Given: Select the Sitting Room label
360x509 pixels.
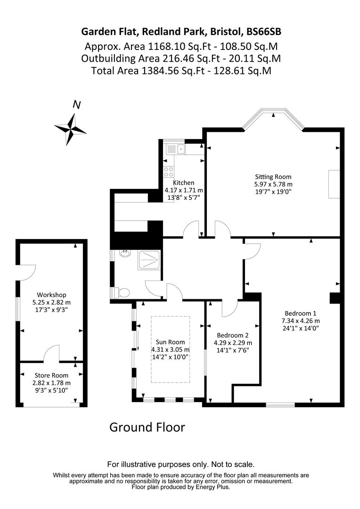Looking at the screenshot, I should coord(273,177).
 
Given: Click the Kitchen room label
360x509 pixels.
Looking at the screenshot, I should coord(183,183).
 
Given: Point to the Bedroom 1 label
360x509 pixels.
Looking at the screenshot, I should coord(300,313).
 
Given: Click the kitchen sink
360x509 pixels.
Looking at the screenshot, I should coord(172,149).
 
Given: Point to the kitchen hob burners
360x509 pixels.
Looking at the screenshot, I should coord(168,172).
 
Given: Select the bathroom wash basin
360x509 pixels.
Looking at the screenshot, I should coord(125,254).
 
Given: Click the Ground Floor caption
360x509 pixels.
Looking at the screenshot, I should coord(147,427).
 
